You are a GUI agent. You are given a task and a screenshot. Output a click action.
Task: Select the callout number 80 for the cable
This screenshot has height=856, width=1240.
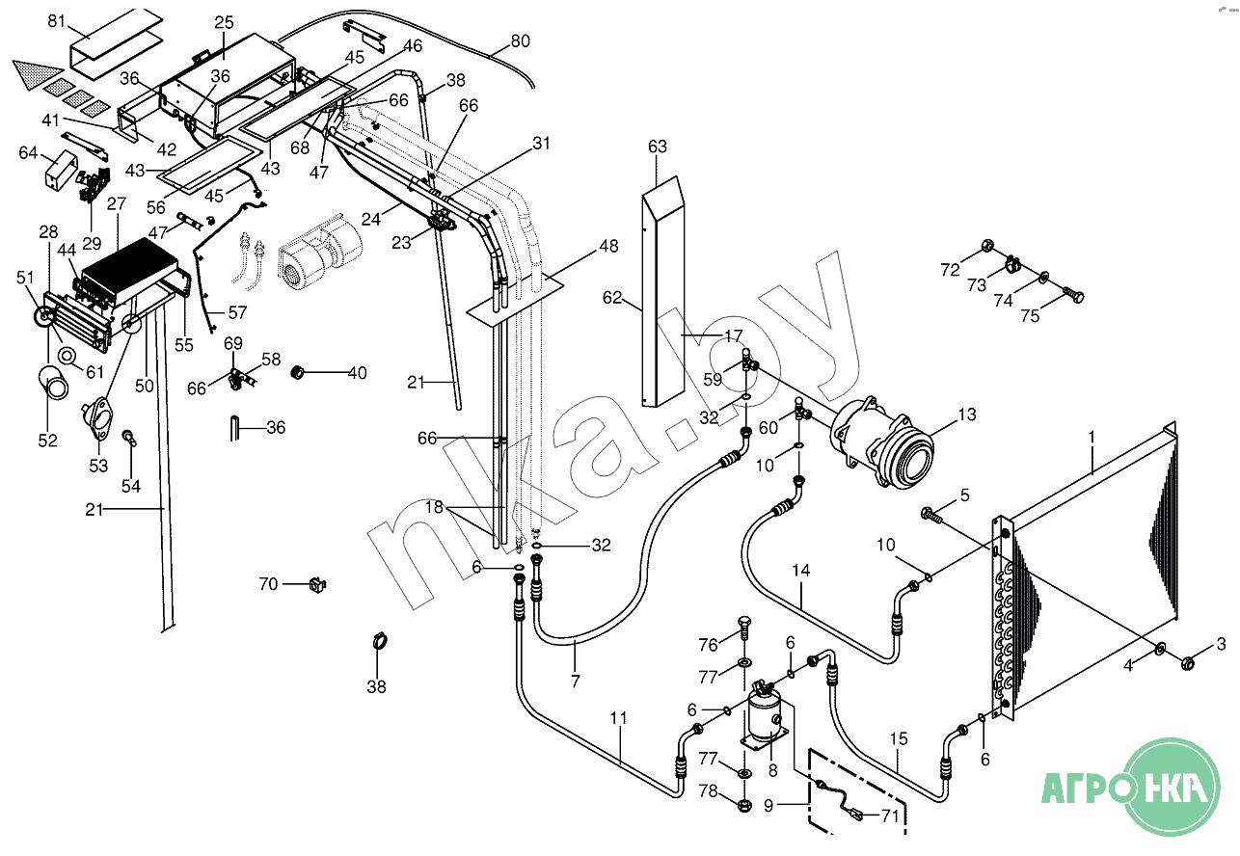pos(520,40)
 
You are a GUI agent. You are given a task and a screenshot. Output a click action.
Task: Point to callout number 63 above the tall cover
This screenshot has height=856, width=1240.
pos(658,147)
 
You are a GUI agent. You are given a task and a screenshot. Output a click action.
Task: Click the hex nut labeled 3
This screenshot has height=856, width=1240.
pos(1187,662)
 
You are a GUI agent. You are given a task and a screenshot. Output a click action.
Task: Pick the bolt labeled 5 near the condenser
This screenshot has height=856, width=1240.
pos(931,515)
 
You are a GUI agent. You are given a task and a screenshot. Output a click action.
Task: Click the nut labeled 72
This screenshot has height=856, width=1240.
pos(986,245)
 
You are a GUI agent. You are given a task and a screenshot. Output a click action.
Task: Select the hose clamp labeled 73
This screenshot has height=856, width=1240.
pos(1014,265)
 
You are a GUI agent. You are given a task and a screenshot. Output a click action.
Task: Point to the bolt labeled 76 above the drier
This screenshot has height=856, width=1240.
pos(744,629)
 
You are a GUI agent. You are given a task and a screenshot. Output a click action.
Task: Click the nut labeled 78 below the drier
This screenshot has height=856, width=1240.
pos(745,804)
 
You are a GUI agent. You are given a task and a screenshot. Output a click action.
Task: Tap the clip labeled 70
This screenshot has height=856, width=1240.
pos(318,584)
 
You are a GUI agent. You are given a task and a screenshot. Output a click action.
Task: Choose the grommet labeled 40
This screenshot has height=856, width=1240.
pos(298,372)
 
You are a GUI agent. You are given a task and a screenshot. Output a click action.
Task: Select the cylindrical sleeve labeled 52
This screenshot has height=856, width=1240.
pos(54,384)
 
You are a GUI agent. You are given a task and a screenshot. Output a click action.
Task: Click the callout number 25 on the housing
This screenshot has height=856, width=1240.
pos(225,23)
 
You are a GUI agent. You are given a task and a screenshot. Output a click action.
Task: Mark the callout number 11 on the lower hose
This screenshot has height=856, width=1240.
pos(618,718)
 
